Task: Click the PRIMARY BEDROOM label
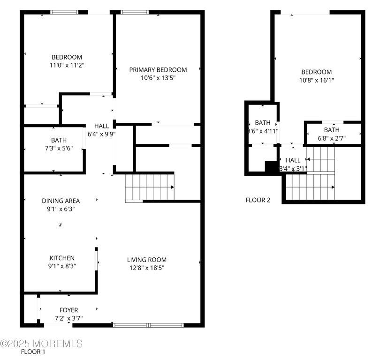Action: point(158,70)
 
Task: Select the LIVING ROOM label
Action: point(146,260)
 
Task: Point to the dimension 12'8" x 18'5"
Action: point(146,268)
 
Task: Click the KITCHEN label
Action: point(62,258)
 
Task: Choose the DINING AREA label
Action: point(61,201)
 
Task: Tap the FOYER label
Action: point(68,310)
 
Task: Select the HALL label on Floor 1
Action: point(101,126)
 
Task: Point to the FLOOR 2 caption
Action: point(258,200)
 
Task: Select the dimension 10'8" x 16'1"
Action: point(316,81)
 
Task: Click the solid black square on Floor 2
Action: point(271,167)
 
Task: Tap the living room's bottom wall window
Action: point(148,325)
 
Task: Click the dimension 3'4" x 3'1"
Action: point(293,169)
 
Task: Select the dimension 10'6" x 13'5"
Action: point(158,78)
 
